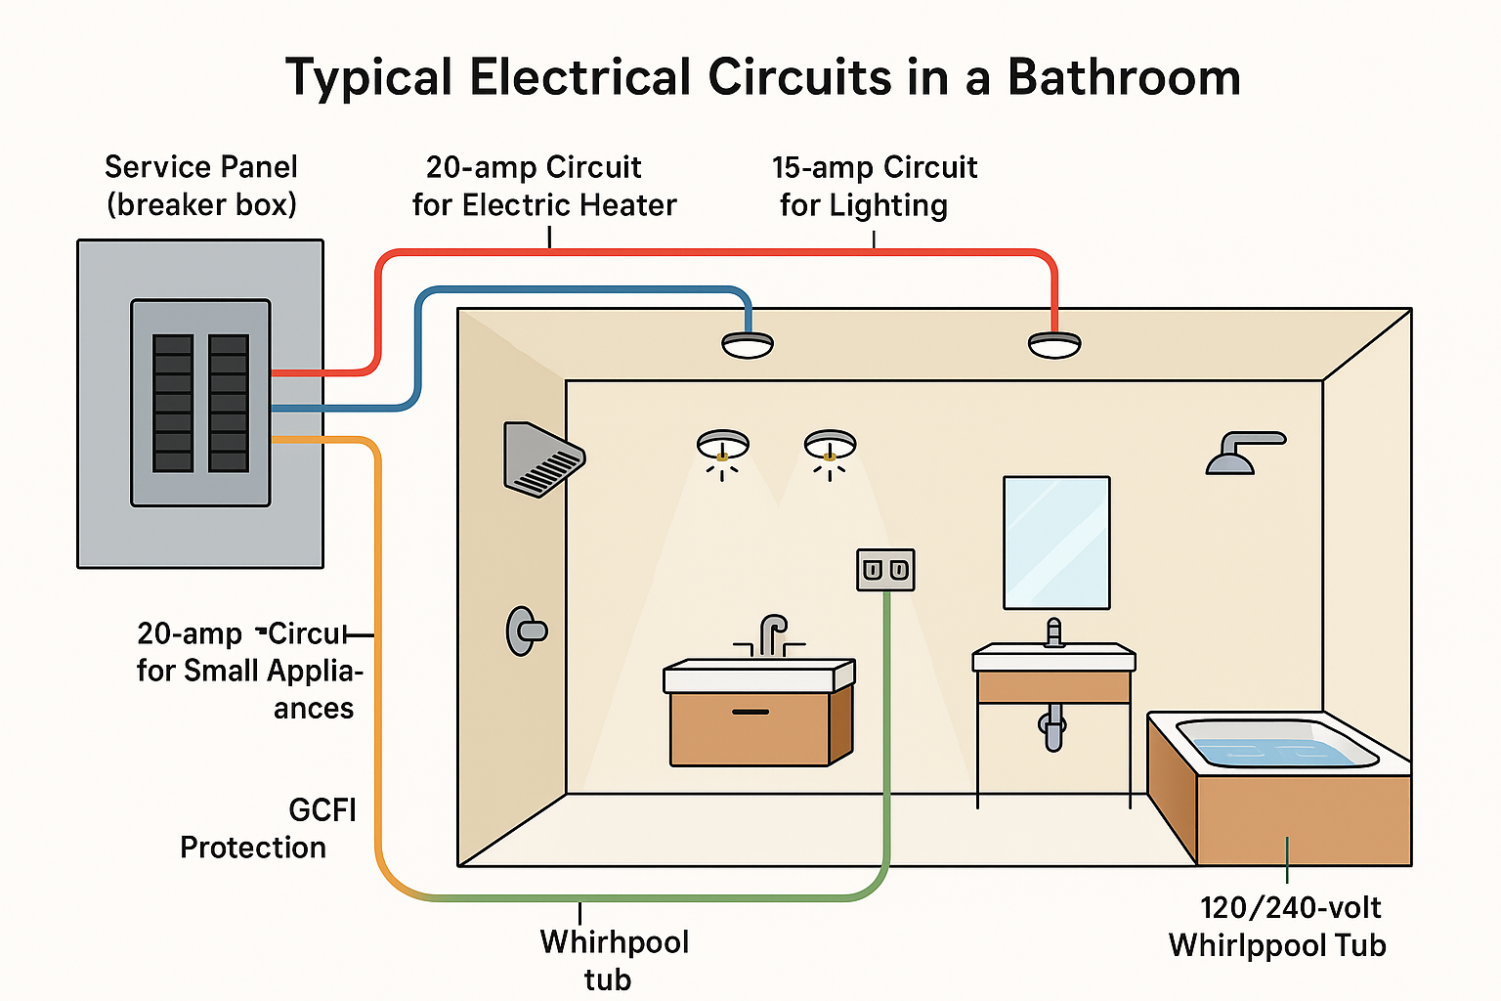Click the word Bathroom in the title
[x=1124, y=77]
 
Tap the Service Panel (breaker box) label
[x=201, y=186]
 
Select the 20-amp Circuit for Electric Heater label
[x=543, y=186]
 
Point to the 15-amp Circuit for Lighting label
[x=873, y=186]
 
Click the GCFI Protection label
[x=268, y=828]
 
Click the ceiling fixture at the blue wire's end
[x=748, y=344]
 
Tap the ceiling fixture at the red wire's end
[x=1054, y=344]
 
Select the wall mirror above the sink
[x=1056, y=542]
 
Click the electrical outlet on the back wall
[x=885, y=570]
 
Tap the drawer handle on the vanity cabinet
[x=750, y=712]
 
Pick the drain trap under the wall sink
[x=1053, y=727]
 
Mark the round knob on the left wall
[x=525, y=631]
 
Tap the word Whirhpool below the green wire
[x=615, y=942]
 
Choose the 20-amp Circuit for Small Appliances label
[x=249, y=671]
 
